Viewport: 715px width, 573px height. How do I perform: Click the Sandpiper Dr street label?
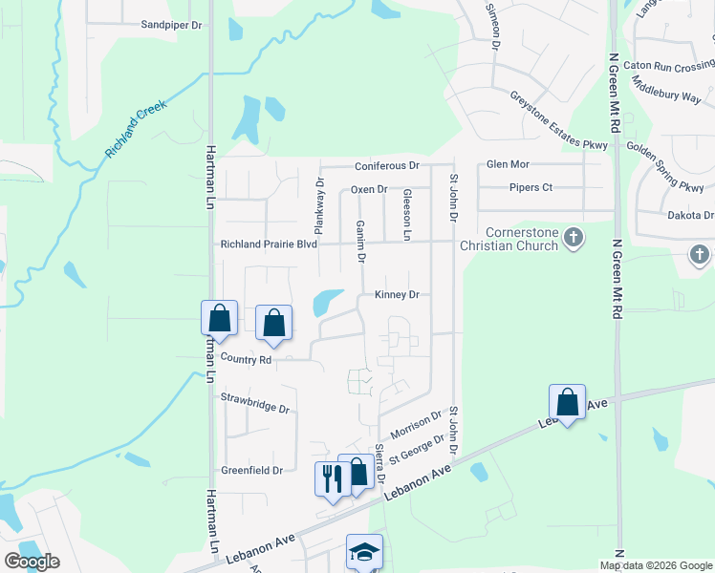click(x=171, y=25)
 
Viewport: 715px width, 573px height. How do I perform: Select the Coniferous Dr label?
click(x=387, y=166)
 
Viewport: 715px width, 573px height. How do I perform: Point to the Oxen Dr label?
click(x=369, y=189)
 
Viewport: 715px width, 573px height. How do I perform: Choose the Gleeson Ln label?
click(x=406, y=214)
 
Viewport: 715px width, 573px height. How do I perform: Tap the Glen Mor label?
click(x=508, y=164)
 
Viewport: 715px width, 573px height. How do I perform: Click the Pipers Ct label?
click(x=531, y=187)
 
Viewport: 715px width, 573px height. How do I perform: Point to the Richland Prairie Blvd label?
click(x=269, y=244)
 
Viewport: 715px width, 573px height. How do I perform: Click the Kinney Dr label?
click(x=397, y=295)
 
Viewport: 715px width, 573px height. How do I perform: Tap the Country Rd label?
click(x=246, y=360)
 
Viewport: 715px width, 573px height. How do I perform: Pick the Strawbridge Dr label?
click(x=255, y=402)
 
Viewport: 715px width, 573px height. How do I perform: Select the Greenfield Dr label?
click(x=251, y=470)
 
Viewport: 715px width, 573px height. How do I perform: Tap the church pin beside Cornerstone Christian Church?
click(x=573, y=237)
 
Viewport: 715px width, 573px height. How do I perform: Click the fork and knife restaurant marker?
click(x=333, y=478)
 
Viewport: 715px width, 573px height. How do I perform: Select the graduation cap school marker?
click(x=364, y=551)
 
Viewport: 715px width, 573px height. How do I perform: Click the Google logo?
click(x=32, y=562)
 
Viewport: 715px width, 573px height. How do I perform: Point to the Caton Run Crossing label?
click(x=668, y=67)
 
